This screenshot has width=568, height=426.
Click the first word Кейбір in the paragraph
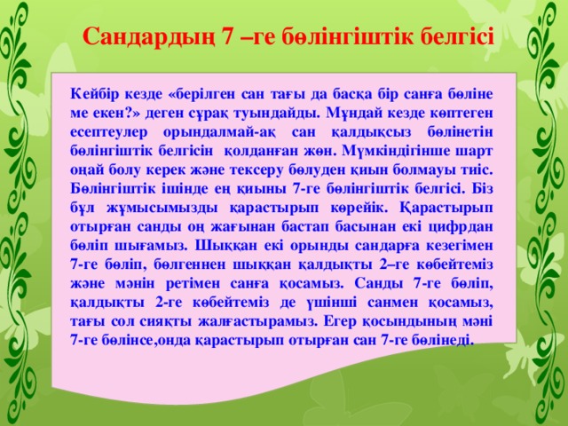tap(96, 91)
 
